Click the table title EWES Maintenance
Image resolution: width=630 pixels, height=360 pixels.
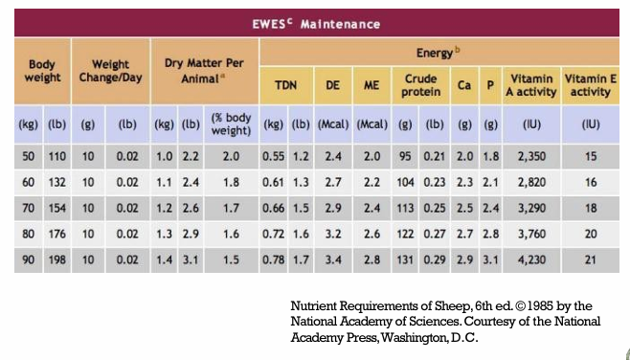[x=316, y=24]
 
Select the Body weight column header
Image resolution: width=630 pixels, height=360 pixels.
[x=42, y=71]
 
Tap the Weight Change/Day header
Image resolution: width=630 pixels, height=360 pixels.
[x=110, y=71]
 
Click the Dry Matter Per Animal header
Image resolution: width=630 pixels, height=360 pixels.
[x=204, y=71]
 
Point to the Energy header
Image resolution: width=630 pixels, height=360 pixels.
[x=438, y=53]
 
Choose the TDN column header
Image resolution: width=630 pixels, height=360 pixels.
[x=286, y=85]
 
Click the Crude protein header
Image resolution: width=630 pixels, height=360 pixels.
[x=421, y=85]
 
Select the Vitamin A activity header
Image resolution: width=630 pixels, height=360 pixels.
[x=531, y=85]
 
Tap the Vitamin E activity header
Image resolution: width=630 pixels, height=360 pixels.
[x=590, y=85]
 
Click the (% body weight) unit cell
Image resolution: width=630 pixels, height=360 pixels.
[x=231, y=124]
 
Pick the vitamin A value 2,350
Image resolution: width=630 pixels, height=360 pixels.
[x=531, y=156]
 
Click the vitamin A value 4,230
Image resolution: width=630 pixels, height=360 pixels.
[x=531, y=260]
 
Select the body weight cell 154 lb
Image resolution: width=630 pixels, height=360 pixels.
[x=57, y=208]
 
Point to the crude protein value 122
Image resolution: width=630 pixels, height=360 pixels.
[x=405, y=234]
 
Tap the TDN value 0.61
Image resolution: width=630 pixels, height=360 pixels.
[x=274, y=183]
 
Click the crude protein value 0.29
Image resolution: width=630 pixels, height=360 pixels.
[x=435, y=260]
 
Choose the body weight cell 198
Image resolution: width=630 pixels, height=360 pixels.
[x=57, y=260]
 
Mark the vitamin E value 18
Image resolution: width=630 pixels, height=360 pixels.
[x=591, y=208]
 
